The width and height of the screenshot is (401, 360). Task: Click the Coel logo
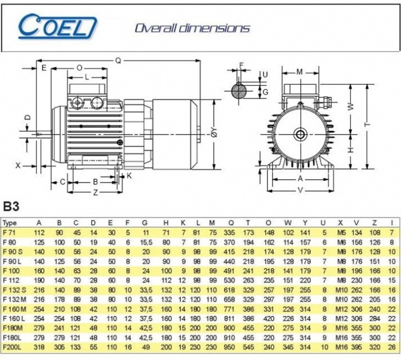coord(57,26)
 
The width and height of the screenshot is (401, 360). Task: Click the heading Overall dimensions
coord(192,28)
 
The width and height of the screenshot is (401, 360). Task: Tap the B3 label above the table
coord(11,207)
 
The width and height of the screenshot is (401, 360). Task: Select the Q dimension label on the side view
coord(118,61)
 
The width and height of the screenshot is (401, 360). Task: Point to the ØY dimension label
coord(214,132)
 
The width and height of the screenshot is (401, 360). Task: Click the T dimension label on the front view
coord(368,124)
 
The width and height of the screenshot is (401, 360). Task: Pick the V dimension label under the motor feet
coord(301,191)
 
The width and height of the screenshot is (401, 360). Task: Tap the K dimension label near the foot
coord(129,176)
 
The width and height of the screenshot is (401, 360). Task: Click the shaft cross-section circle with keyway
coord(239,90)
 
